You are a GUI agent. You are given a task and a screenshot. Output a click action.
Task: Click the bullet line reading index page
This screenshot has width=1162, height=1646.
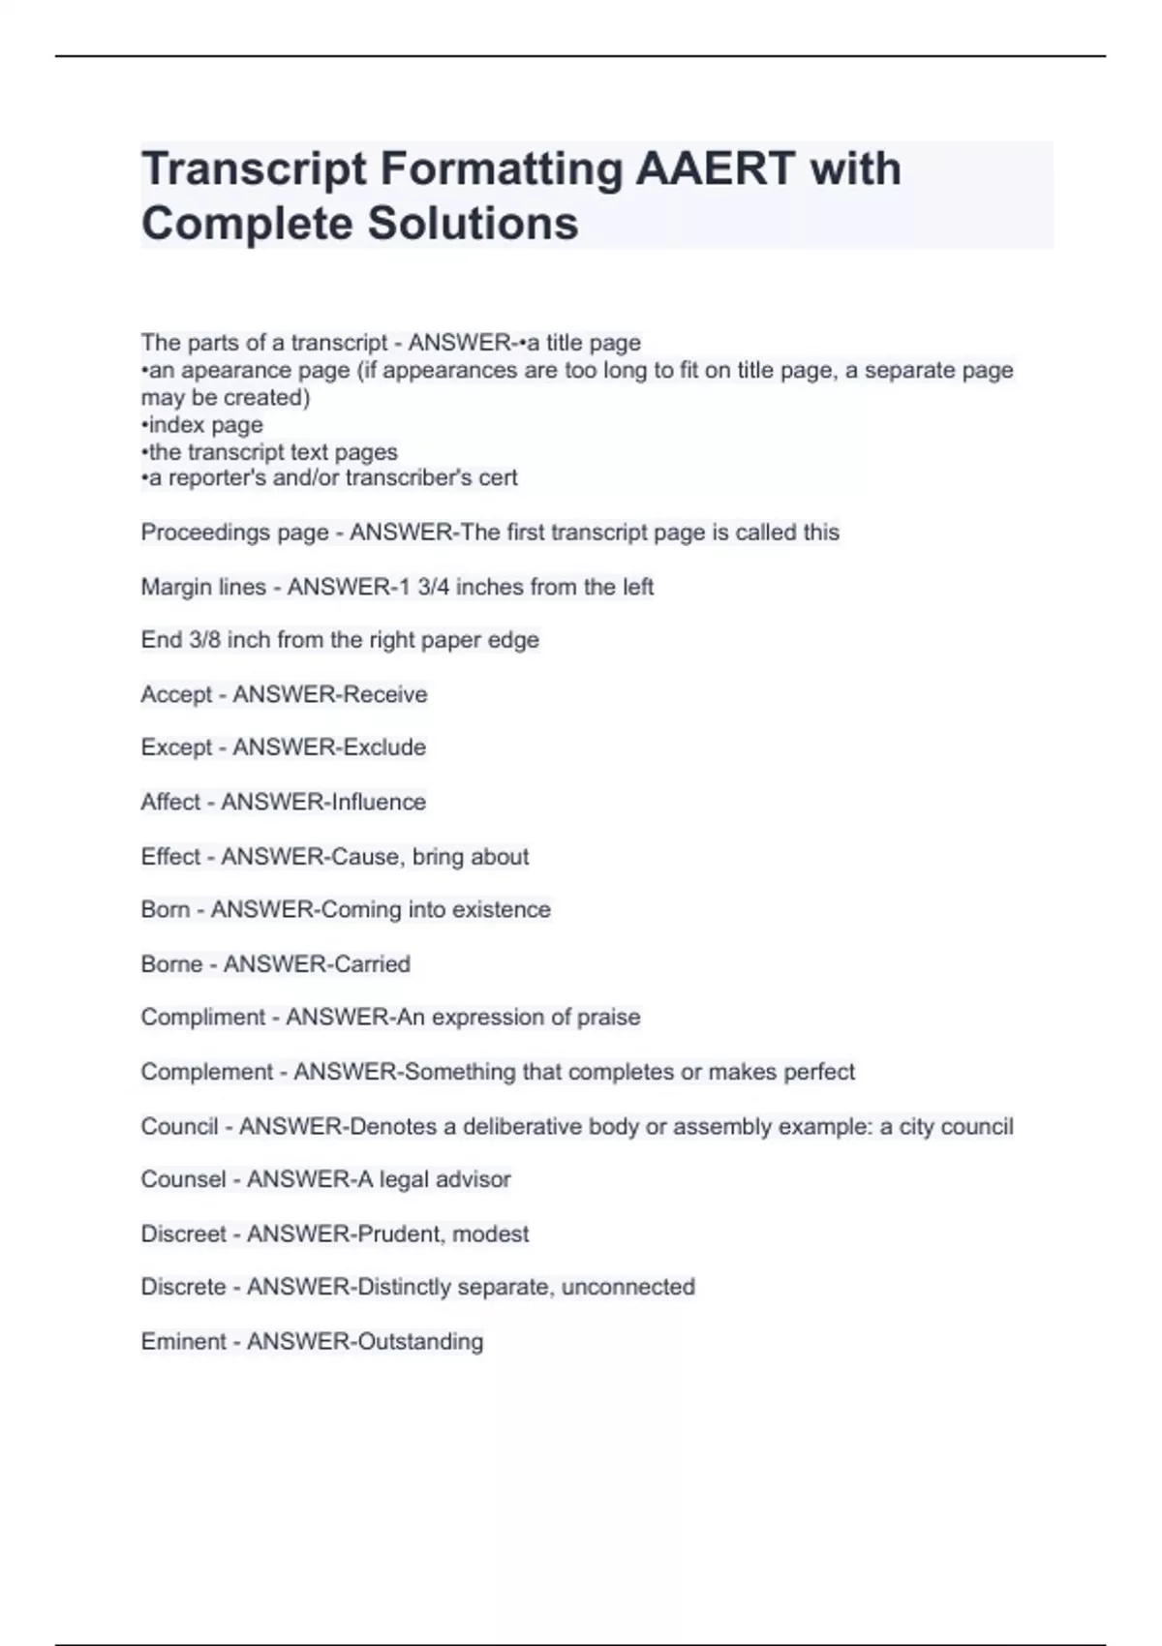tap(202, 425)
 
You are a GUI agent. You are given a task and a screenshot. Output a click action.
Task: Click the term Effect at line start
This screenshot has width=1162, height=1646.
tap(170, 857)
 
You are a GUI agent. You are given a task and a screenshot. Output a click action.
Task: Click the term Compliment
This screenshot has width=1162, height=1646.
tap(202, 1018)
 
